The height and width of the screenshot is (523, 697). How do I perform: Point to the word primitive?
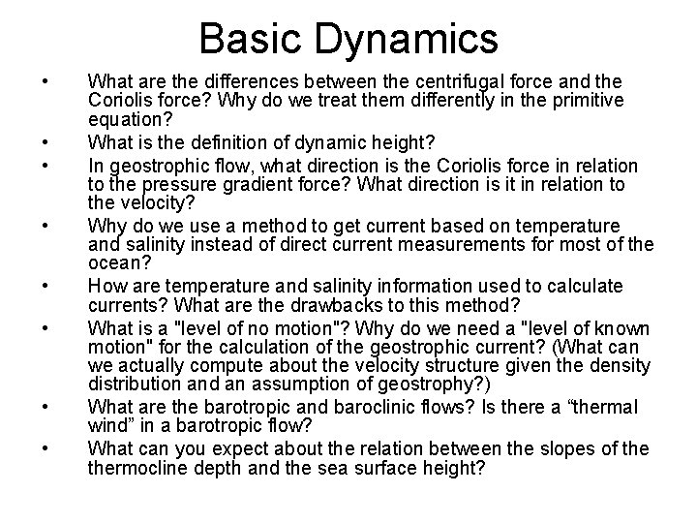pos(589,101)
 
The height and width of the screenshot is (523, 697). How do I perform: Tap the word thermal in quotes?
pos(590,408)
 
